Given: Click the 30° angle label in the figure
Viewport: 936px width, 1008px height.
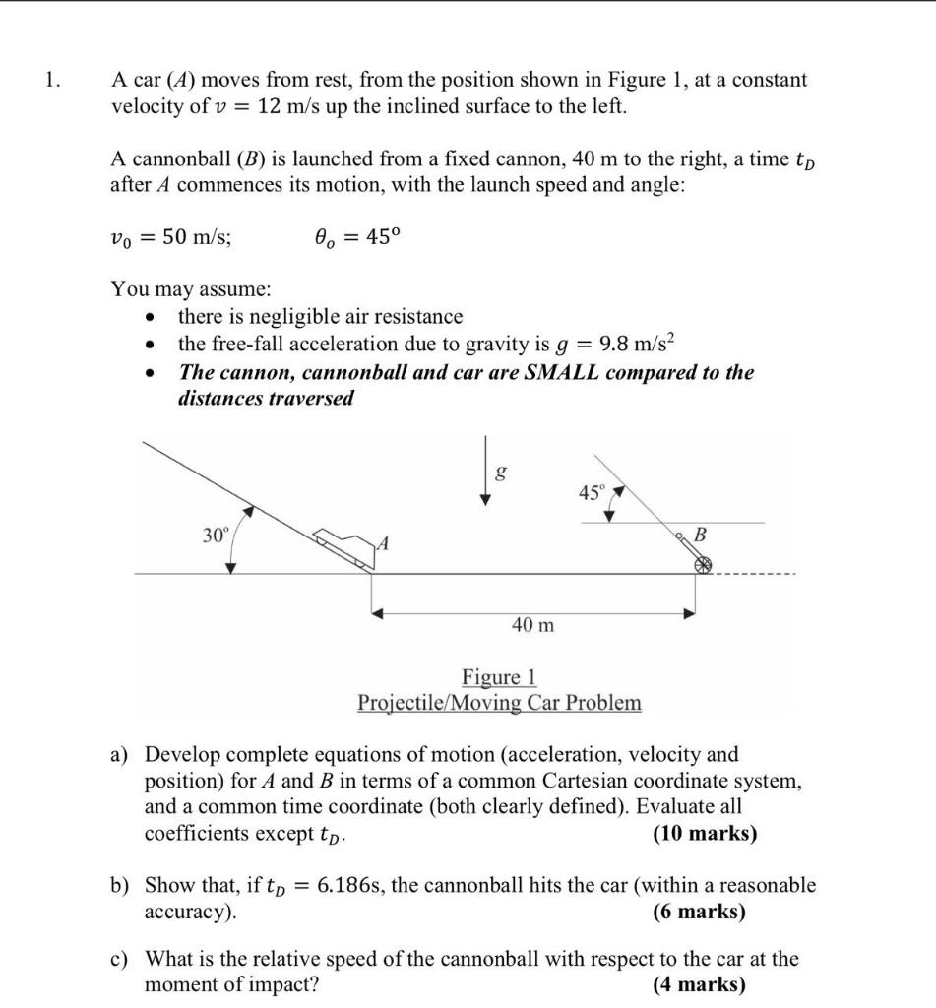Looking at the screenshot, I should coord(215,535).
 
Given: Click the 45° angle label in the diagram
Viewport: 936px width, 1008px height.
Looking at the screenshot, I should coord(590,494).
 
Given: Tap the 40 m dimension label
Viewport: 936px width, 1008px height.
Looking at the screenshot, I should coord(532,624).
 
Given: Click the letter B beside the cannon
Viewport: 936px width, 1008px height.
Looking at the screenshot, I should coord(701,535).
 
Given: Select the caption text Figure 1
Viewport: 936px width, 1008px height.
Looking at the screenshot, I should coord(499,677).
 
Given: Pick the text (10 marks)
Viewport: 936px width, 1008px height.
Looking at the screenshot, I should coord(705,833).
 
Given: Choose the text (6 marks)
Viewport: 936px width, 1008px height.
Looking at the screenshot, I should coord(699,912).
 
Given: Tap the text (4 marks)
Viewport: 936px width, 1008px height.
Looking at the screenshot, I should coord(699,984).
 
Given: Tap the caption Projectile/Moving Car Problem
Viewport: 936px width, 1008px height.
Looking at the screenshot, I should coord(499,703).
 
